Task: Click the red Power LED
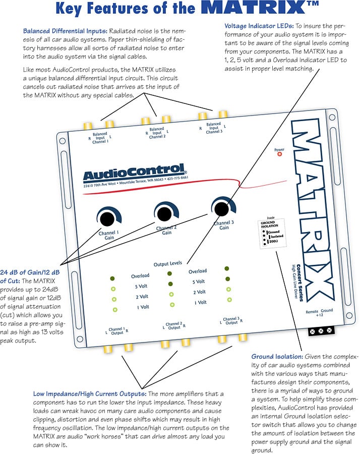[279, 154]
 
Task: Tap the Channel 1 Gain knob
[107, 218]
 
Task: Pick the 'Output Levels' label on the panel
[168, 264]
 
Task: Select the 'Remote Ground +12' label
[319, 313]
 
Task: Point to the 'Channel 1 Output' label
[117, 330]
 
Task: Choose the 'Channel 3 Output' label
[231, 321]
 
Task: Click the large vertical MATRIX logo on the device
[308, 207]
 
